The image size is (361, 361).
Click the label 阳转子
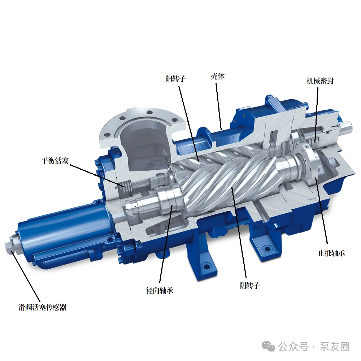click(x=175, y=79)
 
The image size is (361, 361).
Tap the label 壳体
click(x=218, y=76)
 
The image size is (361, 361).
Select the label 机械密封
click(x=320, y=81)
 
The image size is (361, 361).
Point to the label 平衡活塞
click(x=55, y=161)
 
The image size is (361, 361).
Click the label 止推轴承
click(x=331, y=253)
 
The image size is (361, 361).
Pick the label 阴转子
click(x=249, y=286)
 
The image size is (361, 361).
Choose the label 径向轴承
click(x=160, y=291)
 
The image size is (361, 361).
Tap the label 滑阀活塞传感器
click(x=42, y=307)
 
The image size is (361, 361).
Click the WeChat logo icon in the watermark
click(x=269, y=346)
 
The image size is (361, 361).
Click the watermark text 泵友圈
click(x=335, y=347)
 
